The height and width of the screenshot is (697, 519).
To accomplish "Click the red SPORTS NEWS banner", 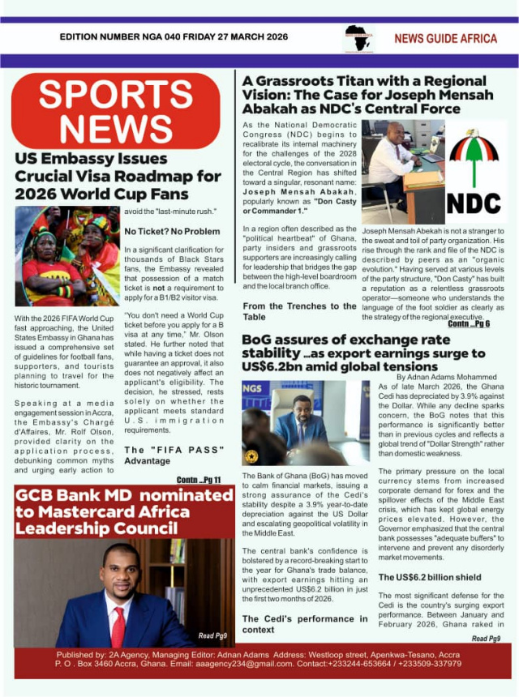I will coord(115,110).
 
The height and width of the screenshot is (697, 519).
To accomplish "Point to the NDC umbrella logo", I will coord(474,172).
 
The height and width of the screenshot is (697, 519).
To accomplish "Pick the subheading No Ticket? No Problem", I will coord(172,231).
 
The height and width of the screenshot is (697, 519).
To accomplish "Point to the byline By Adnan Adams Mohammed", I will coord(448,377).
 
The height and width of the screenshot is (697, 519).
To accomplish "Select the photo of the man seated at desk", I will coord(402,170).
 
